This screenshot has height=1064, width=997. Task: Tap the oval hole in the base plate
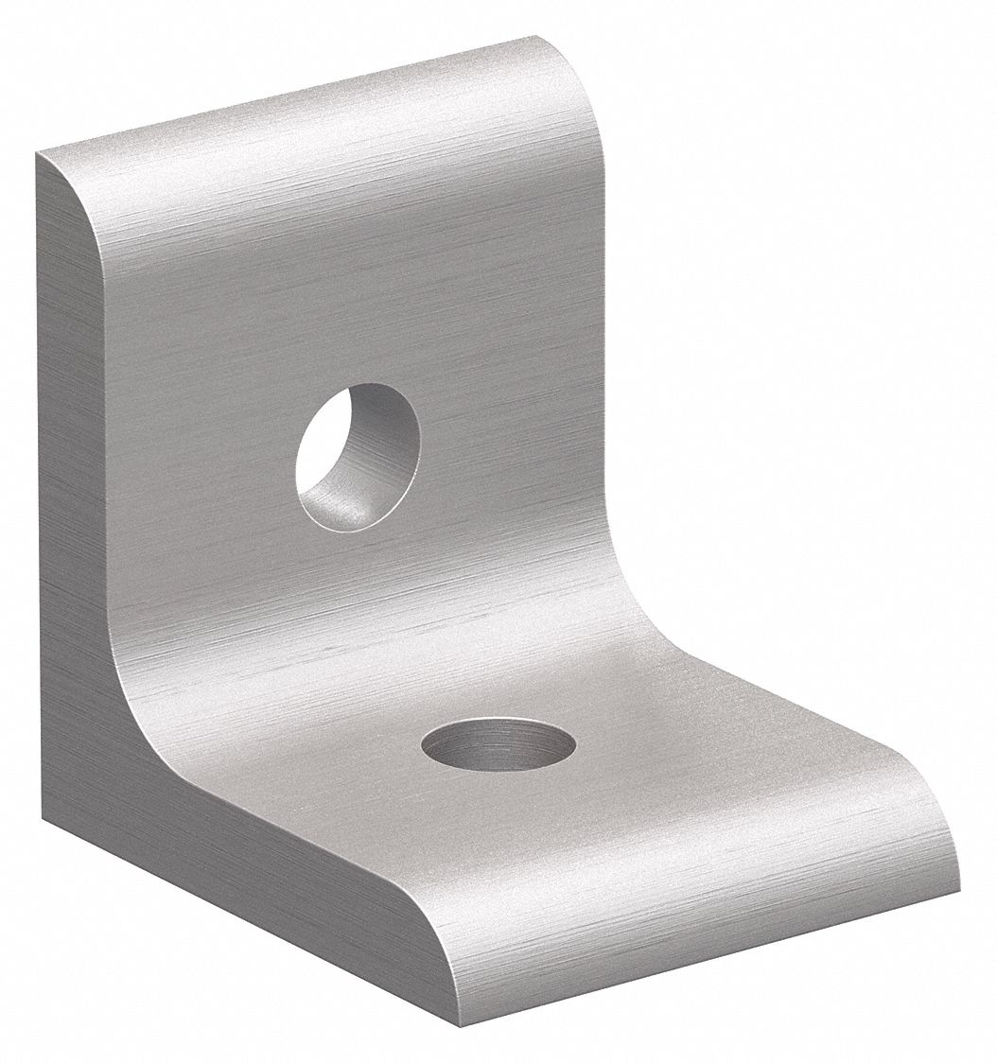[x=498, y=743]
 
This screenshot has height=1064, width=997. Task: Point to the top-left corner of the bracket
[x=39, y=154]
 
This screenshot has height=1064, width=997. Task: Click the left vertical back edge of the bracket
[x=38, y=473]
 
